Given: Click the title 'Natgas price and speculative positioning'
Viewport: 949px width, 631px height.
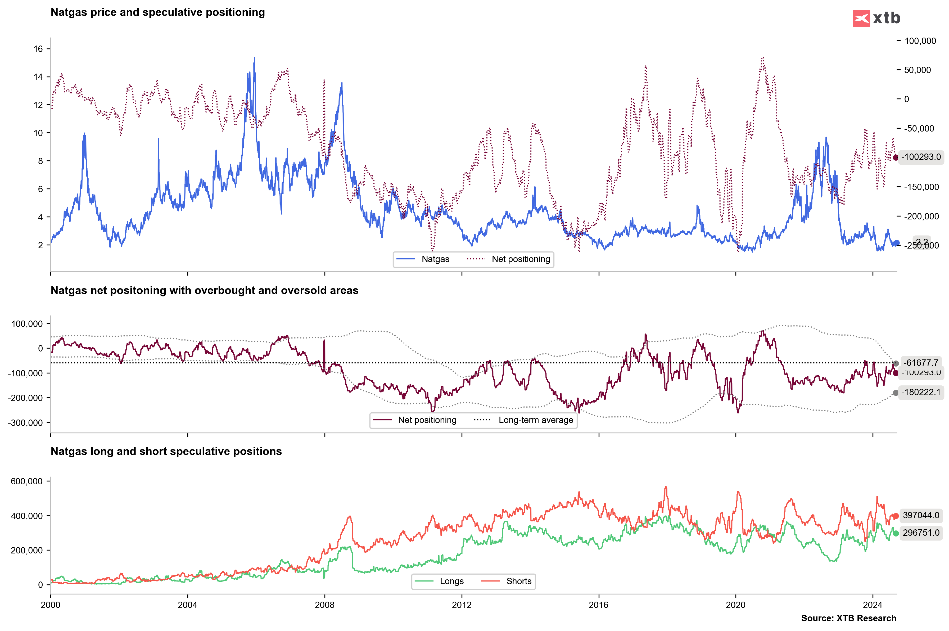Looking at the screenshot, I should pyautogui.click(x=158, y=12).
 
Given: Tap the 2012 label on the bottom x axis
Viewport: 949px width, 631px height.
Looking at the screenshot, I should pyautogui.click(x=462, y=605).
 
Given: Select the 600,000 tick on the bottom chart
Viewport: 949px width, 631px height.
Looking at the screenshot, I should pyautogui.click(x=26, y=481).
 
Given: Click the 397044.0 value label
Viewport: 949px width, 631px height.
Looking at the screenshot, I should pyautogui.click(x=920, y=516).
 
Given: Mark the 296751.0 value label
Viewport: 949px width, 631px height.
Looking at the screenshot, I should pyautogui.click(x=920, y=533).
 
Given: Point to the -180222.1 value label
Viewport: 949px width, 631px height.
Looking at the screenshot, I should pyautogui.click(x=920, y=392).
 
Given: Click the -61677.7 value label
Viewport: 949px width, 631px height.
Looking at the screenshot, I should pyautogui.click(x=920, y=363).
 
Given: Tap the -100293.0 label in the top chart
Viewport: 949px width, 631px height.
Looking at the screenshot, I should pyautogui.click(x=920, y=157).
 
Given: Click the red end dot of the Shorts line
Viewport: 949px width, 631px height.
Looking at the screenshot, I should pyautogui.click(x=896, y=516).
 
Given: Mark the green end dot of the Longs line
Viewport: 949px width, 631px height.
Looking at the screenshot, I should pyautogui.click(x=896, y=533).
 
